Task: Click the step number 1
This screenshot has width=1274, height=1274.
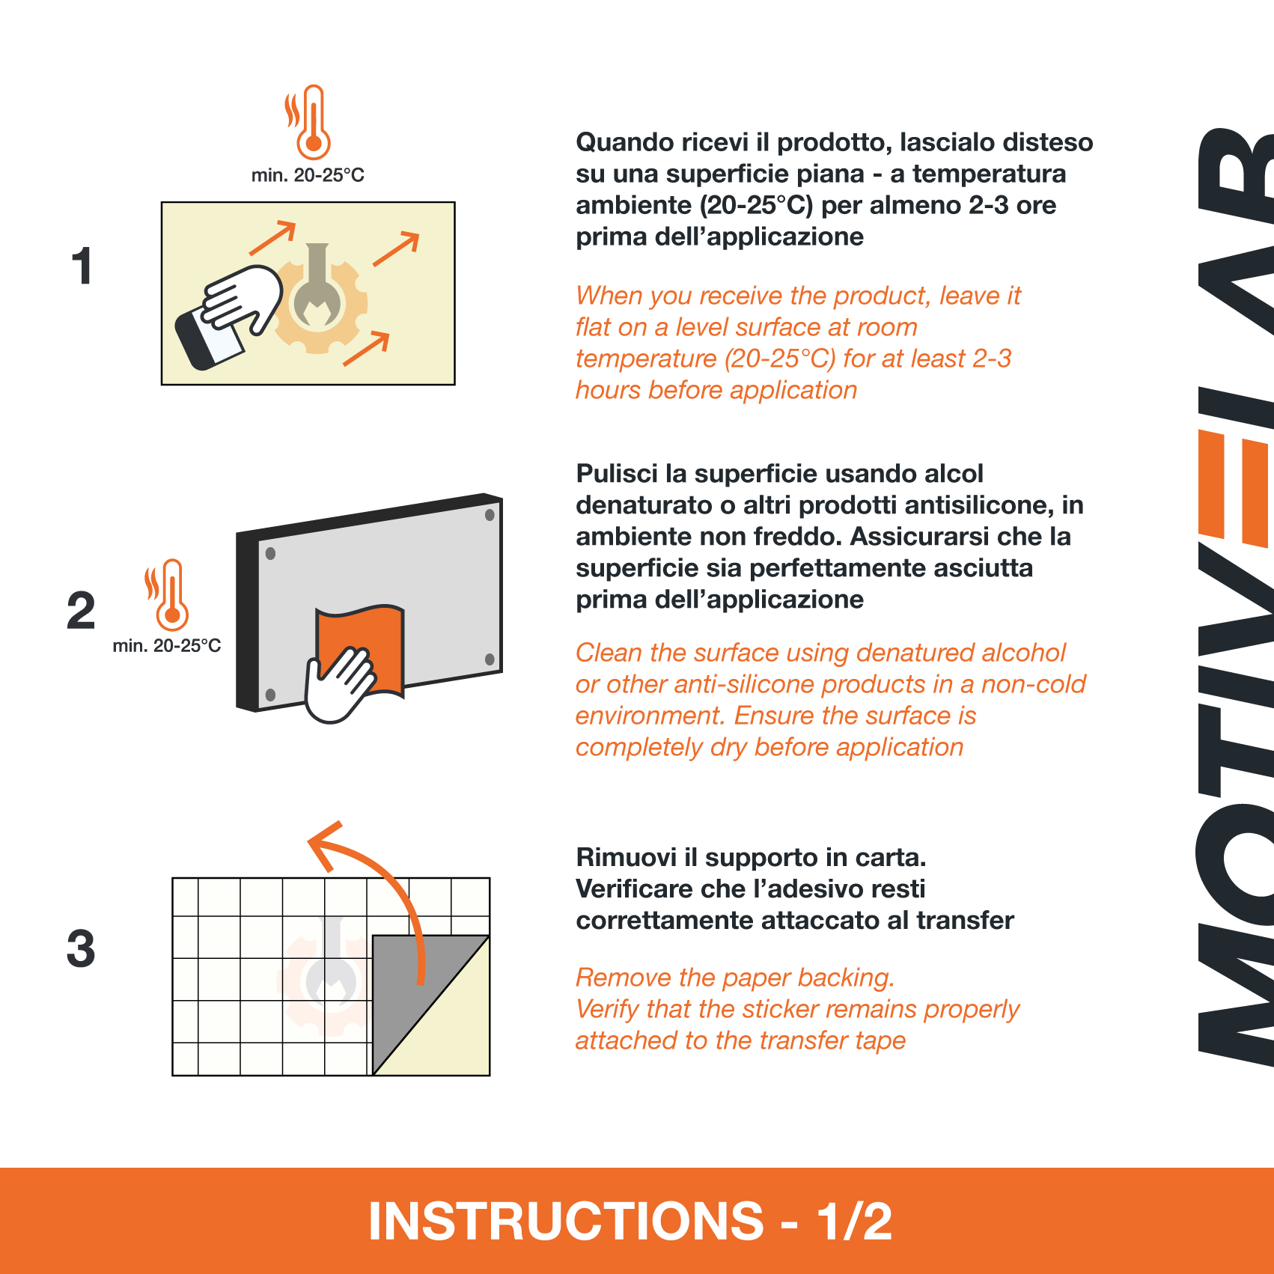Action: [x=82, y=266]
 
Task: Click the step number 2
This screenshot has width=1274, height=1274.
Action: [x=81, y=610]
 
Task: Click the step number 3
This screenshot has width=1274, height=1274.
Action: [x=81, y=948]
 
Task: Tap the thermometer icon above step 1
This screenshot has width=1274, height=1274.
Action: [x=308, y=122]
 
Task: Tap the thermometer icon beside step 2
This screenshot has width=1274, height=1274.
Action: [x=168, y=595]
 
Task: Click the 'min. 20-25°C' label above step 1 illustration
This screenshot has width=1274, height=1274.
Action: [x=308, y=175]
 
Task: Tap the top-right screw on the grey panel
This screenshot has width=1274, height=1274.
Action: [x=490, y=515]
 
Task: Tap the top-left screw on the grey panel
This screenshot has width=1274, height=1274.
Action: [x=270, y=554]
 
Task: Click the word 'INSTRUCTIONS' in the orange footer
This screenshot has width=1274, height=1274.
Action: [x=566, y=1221]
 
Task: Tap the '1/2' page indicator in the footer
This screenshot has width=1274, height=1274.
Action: [x=854, y=1221]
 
